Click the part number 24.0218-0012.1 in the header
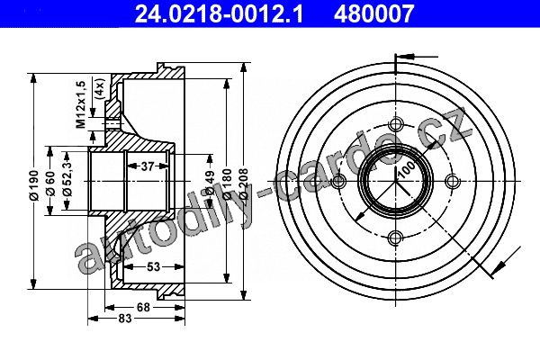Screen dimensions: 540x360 click(x=219, y=13)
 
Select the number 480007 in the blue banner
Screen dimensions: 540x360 click(x=373, y=13)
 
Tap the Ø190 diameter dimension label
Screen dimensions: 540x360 click(x=34, y=184)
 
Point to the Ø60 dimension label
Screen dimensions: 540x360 click(x=50, y=183)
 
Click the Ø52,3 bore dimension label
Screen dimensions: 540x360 click(x=67, y=178)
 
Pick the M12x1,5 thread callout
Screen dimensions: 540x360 click(x=81, y=104)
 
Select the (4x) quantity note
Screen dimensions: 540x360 click(x=99, y=89)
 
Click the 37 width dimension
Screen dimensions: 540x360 click(x=147, y=166)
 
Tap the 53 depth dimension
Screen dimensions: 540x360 click(x=154, y=266)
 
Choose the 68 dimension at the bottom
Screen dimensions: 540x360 click(x=143, y=307)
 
